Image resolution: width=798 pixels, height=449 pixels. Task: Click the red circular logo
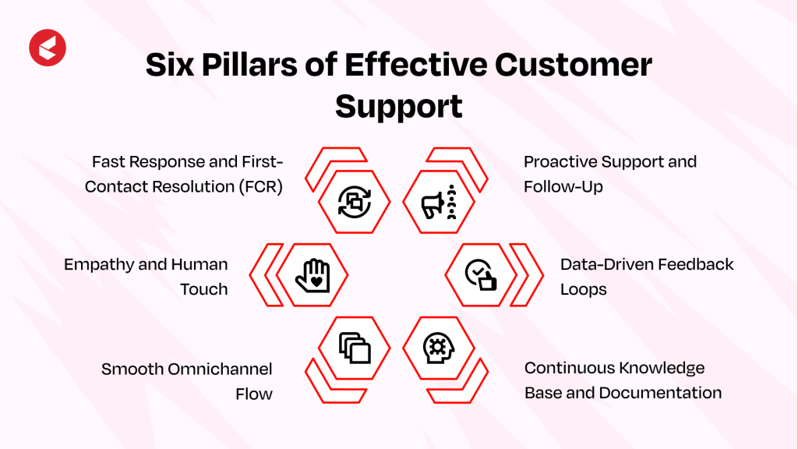(x=48, y=47)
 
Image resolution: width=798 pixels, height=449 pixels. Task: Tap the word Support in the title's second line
(x=399, y=106)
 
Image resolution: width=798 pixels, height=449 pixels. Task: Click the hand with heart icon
(x=312, y=275)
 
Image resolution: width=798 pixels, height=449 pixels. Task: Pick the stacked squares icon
(x=355, y=347)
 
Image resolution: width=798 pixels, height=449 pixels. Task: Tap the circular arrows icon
(x=355, y=203)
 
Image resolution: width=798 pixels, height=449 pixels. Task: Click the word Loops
(x=583, y=289)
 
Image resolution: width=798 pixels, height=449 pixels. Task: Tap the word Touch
(x=204, y=289)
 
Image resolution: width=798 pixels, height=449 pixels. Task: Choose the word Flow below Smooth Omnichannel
(x=254, y=394)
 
